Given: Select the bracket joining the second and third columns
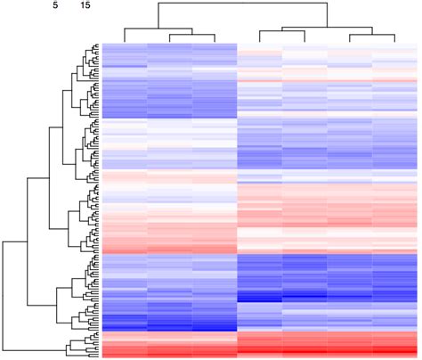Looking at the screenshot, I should coord(191,37).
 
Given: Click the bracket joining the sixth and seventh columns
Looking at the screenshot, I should coord(372,37).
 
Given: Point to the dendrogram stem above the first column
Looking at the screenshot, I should coord(125,36).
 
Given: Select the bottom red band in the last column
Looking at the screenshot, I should coord(394,346).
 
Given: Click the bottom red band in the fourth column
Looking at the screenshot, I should coord(259,346).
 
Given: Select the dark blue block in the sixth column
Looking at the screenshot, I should coord(350,276).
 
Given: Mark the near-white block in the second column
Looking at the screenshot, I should coord(169,134).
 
